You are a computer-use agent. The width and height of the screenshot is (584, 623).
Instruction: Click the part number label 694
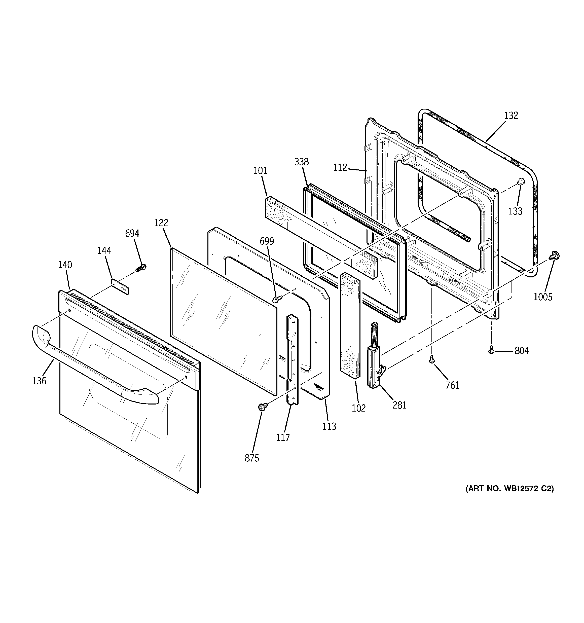coord(132,234)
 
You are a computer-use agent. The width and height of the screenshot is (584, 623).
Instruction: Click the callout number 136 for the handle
coord(39,381)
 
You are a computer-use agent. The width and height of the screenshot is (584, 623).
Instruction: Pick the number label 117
coord(283,437)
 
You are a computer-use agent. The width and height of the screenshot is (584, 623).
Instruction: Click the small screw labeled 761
coord(432,360)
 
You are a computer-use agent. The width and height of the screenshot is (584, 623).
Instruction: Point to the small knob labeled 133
coord(520,181)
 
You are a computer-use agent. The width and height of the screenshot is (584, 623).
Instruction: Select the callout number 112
coord(340,168)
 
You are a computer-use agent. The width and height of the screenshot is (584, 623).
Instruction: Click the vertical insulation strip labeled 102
coord(350,326)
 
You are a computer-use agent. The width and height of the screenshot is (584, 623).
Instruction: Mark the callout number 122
coord(161,223)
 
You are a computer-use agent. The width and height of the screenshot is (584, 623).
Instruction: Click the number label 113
coord(329,426)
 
